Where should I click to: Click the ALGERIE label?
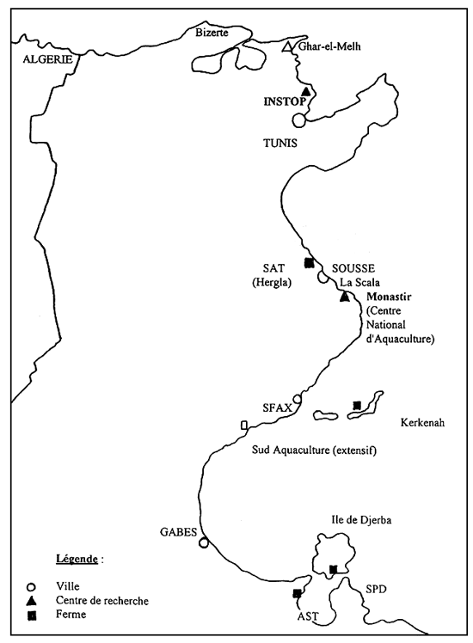pyautogui.click(x=45, y=60)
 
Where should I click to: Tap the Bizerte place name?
pyautogui.click(x=213, y=33)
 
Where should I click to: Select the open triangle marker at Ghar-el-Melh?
pyautogui.click(x=288, y=46)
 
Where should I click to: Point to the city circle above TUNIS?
pyautogui.click(x=298, y=120)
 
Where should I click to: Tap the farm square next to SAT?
pyautogui.click(x=308, y=263)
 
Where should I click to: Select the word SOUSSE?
pyautogui.click(x=348, y=267)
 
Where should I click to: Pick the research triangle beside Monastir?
pyautogui.click(x=345, y=297)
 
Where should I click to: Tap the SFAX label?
pyautogui.click(x=276, y=407)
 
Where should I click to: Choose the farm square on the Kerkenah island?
pyautogui.click(x=356, y=406)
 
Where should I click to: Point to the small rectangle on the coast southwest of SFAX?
pyautogui.click(x=244, y=425)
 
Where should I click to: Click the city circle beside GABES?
pyautogui.click(x=204, y=542)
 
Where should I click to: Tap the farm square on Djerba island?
pyautogui.click(x=333, y=569)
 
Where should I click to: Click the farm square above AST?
pyautogui.click(x=297, y=593)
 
